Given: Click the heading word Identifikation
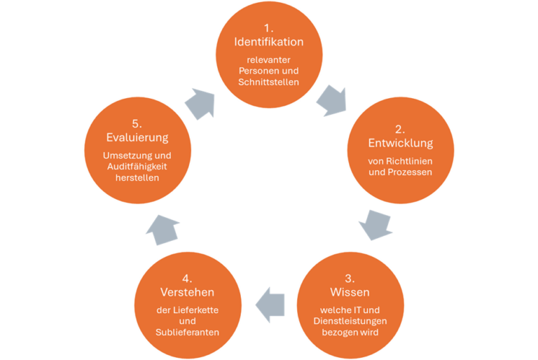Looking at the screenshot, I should pyautogui.click(x=269, y=42).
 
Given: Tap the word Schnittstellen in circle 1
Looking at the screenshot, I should pyautogui.click(x=269, y=82).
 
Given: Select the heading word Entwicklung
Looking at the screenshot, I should pyautogui.click(x=400, y=143).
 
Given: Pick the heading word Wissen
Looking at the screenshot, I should pyautogui.click(x=350, y=291).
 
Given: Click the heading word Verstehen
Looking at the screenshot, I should pyautogui.click(x=185, y=291).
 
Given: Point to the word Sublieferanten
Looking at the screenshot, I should pyautogui.click(x=185, y=332).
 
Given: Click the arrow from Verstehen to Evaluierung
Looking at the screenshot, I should pyautogui.click(x=163, y=229).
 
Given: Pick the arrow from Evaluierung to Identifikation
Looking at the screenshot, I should pyautogui.click(x=200, y=103).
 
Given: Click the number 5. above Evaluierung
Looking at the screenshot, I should pyautogui.click(x=137, y=124).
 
